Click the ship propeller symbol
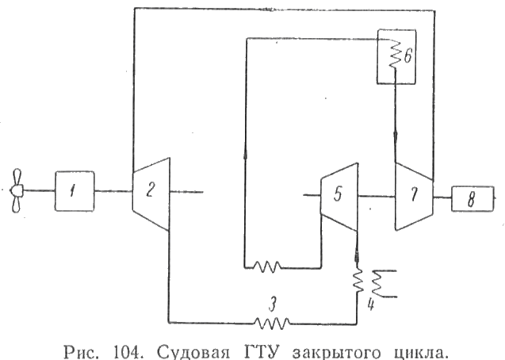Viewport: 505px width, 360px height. tap(16, 190)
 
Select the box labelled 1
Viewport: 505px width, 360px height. tap(75, 191)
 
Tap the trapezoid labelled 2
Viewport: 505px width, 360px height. tap(151, 193)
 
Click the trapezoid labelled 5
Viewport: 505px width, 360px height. tap(339, 197)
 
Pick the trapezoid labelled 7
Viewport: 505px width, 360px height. tap(414, 196)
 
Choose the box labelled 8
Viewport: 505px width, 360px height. tap(472, 199)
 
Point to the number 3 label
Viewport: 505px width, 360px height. tap(273, 304)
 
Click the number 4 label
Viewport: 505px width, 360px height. tap(371, 304)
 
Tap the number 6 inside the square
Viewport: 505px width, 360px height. tap(407, 56)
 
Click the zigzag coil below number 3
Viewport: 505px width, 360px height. tap(272, 324)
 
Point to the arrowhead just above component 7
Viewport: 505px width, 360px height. tap(396, 137)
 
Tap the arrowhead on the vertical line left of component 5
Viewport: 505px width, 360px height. tap(246, 154)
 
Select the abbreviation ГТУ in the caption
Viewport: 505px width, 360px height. tap(262, 351)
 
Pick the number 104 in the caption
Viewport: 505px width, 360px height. tap(128, 351)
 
